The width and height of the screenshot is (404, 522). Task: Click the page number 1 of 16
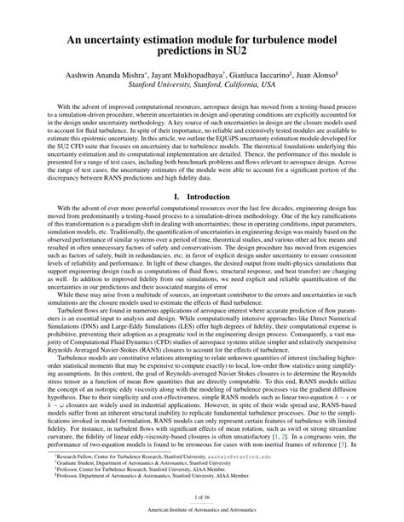[x=202, y=496]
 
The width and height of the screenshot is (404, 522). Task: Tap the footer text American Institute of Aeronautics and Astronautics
[x=202, y=509]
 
